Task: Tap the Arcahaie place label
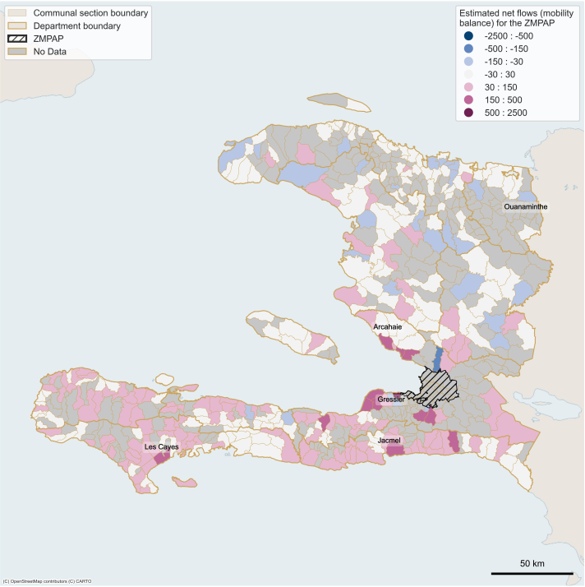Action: tap(389, 326)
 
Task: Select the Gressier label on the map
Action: tap(391, 400)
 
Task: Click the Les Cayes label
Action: tap(161, 447)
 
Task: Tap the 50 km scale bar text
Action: tap(532, 563)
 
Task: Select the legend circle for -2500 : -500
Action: tap(468, 36)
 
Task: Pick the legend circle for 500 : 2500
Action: tap(468, 113)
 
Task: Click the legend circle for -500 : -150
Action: tap(468, 49)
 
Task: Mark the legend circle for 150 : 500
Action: tap(468, 99)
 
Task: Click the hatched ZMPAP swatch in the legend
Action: tap(16, 39)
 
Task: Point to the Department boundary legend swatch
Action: tap(16, 26)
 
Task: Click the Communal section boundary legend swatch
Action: tap(16, 14)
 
